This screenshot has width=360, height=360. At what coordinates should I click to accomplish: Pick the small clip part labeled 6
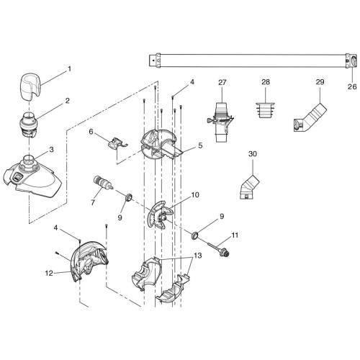click(x=117, y=145)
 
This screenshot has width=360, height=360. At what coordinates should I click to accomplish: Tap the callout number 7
click(x=91, y=204)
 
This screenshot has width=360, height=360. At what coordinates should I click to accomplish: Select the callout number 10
click(x=195, y=195)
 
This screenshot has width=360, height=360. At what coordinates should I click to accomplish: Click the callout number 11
click(x=235, y=235)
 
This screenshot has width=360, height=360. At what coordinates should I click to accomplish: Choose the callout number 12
click(x=49, y=272)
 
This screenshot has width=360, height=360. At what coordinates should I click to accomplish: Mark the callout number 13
click(x=197, y=255)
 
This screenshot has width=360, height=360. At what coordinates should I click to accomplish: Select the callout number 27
click(x=222, y=83)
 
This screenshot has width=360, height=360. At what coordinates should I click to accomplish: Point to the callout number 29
click(x=320, y=83)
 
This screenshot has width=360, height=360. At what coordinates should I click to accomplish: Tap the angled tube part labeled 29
click(x=308, y=117)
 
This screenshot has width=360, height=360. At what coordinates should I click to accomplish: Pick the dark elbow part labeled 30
click(x=246, y=188)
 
